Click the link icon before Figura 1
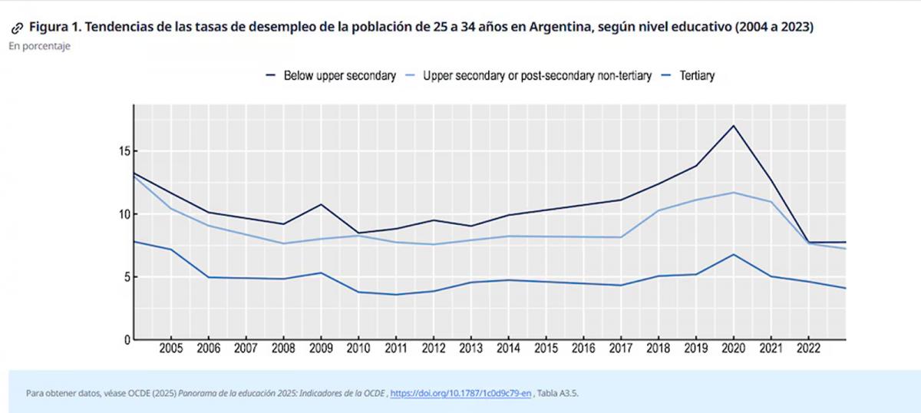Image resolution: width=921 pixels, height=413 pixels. [x=17, y=28]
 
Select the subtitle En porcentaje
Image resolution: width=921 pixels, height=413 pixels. [x=40, y=46]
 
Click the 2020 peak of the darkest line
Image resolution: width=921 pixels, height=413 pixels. [x=734, y=125]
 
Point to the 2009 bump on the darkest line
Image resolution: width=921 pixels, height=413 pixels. [x=321, y=204]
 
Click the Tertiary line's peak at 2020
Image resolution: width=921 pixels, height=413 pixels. [x=734, y=254]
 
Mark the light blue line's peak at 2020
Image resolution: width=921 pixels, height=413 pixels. [x=734, y=192]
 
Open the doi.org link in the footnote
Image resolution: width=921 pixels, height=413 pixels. [x=460, y=393]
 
